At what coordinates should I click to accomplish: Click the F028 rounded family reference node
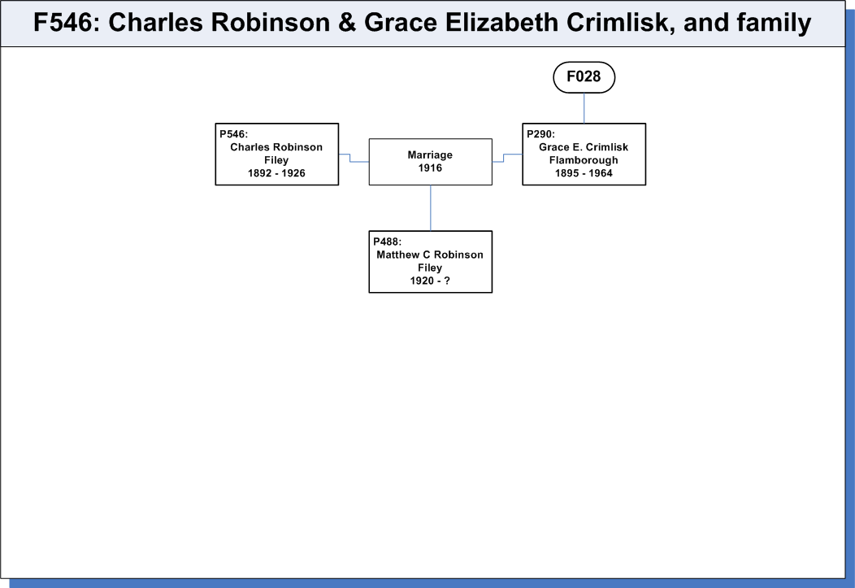[x=584, y=77]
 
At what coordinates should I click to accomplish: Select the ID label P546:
[x=233, y=134]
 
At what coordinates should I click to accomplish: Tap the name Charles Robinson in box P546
[x=276, y=147]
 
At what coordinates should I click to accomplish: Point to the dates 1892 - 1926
[x=276, y=173]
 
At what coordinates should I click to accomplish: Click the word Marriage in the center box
[x=430, y=155]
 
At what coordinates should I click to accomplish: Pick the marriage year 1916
[x=430, y=168]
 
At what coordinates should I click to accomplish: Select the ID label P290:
[x=541, y=134]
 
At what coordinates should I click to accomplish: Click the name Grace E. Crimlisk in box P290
[x=584, y=147]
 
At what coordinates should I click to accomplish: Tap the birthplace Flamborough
[x=584, y=160]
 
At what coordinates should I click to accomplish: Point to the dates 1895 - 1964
[x=584, y=173]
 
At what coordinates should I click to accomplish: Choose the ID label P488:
[x=387, y=242]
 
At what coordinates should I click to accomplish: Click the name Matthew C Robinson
[x=430, y=255]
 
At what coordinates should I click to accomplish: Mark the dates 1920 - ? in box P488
[x=430, y=281]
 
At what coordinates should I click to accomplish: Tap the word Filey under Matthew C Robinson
[x=430, y=268]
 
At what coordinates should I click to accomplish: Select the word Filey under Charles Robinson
[x=276, y=160]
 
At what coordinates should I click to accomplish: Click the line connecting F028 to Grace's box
[x=584, y=108]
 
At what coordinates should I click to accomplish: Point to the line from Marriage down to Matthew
[x=431, y=208]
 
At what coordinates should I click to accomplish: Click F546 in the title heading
[x=63, y=23]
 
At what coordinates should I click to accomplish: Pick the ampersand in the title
[x=347, y=23]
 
